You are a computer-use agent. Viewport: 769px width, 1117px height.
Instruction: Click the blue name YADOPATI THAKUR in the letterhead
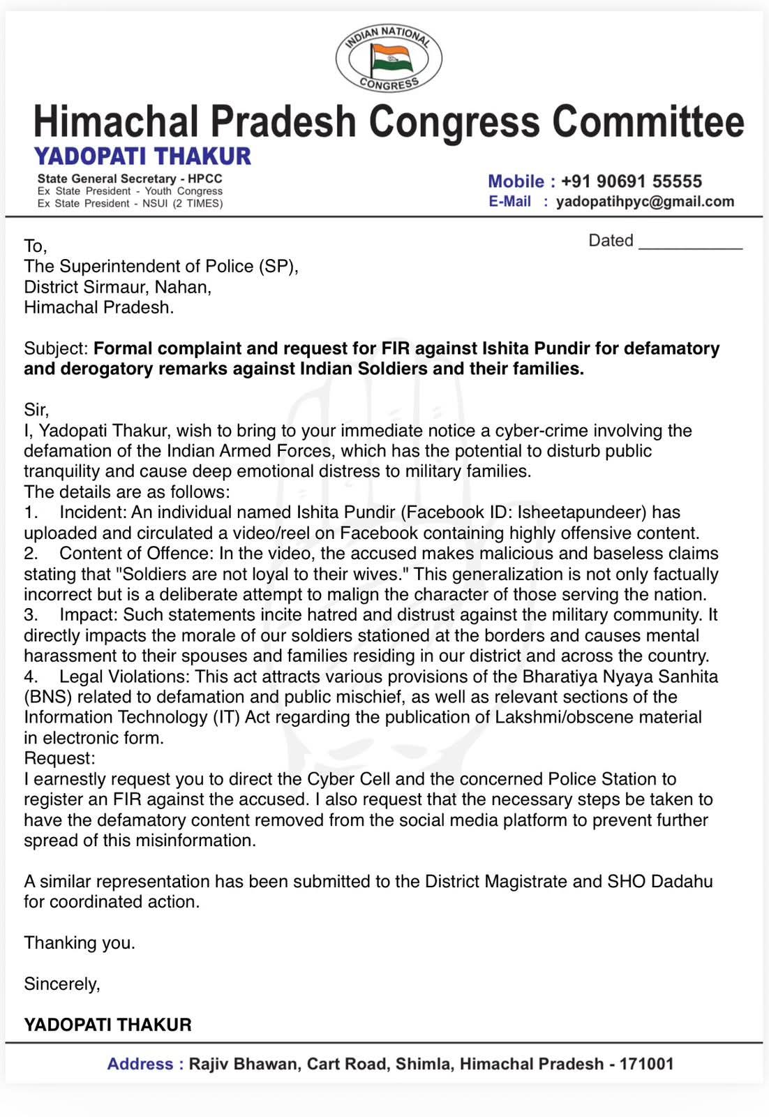(142, 156)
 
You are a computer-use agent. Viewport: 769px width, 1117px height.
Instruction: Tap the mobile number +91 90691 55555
(631, 182)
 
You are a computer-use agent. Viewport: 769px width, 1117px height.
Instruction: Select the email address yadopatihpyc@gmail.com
(645, 202)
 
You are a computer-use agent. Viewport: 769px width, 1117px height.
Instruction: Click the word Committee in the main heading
(648, 121)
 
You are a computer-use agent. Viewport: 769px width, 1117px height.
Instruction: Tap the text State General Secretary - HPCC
(130, 179)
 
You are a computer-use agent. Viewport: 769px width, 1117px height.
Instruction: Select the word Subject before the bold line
(55, 348)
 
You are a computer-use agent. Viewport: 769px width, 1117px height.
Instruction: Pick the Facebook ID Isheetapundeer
(582, 512)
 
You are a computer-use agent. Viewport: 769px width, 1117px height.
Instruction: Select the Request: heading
(59, 758)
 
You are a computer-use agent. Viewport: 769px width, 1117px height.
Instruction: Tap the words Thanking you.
(80, 943)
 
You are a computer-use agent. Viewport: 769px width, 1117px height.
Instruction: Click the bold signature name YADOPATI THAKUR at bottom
(107, 1025)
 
